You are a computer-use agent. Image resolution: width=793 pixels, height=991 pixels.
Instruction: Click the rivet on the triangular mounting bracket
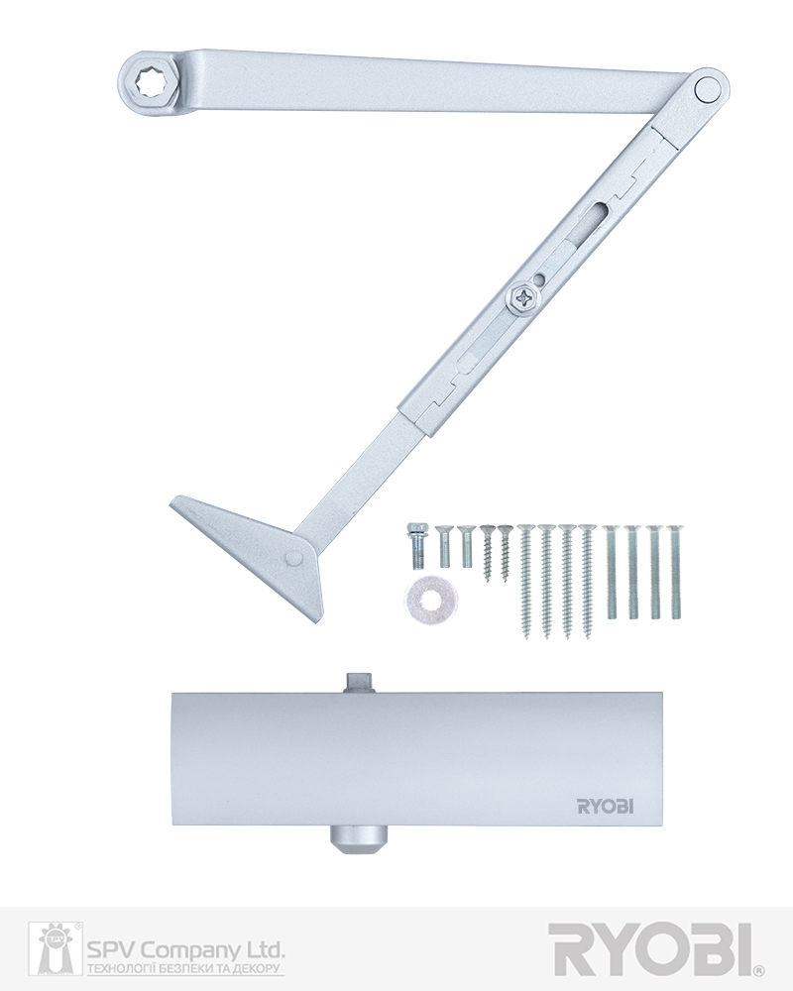[292, 557]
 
